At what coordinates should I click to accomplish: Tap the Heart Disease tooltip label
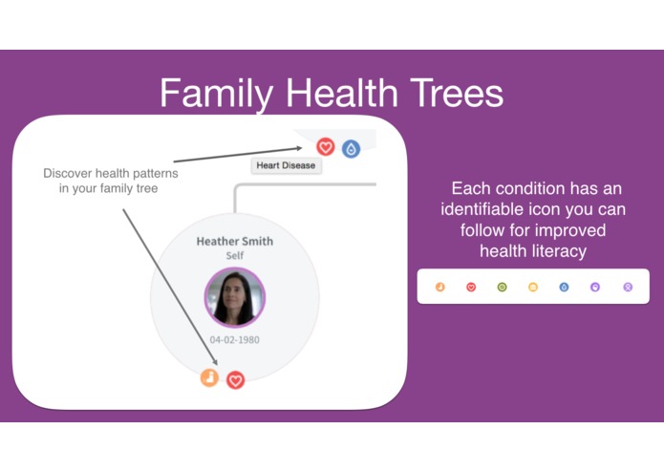286,166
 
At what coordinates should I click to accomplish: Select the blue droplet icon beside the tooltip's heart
351,148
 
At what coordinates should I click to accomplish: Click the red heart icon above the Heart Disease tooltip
326,147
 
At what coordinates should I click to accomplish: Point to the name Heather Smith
234,241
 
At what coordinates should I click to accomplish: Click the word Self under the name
235,256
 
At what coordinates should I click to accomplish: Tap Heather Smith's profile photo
235,297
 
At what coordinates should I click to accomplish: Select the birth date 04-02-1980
235,339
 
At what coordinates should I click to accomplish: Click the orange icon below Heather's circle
209,377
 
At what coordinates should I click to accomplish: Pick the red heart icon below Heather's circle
235,380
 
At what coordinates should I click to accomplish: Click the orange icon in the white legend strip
439,287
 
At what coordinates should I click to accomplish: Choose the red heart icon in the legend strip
471,287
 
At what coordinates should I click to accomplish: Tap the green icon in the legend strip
503,287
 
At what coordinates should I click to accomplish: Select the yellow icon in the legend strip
533,287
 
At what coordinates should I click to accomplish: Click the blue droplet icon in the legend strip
564,287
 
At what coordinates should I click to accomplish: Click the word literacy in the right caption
562,250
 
